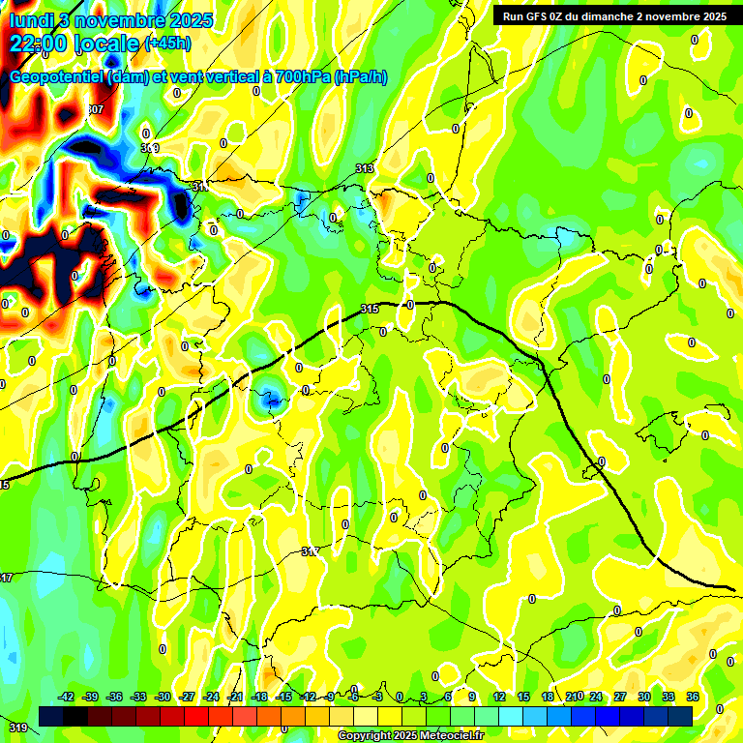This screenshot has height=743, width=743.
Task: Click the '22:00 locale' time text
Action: pyautogui.click(x=74, y=44)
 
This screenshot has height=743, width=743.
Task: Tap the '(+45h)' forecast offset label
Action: pyautogui.click(x=167, y=44)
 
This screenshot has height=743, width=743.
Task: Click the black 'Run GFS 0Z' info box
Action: pyautogui.click(x=611, y=16)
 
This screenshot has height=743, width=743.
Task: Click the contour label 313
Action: pyautogui.click(x=365, y=168)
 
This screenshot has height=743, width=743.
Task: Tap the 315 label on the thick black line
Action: pyautogui.click(x=369, y=309)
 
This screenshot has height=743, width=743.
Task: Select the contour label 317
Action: pyautogui.click(x=310, y=550)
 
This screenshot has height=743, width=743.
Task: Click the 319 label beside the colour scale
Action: pyautogui.click(x=17, y=727)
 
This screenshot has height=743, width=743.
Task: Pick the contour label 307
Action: pyautogui.click(x=94, y=109)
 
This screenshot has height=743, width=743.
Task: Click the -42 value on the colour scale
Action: pyautogui.click(x=66, y=697)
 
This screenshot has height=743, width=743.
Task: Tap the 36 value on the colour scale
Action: pyautogui.click(x=693, y=697)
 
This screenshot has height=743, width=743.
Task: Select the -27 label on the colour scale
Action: pyautogui.click(x=187, y=697)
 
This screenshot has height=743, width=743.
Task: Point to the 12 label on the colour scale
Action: pyautogui.click(x=499, y=697)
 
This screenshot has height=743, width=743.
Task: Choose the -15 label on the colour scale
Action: pyautogui.click(x=283, y=697)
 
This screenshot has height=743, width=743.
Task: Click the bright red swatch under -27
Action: pyautogui.click(x=196, y=716)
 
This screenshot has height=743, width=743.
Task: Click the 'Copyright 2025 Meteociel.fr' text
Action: pyautogui.click(x=411, y=736)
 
